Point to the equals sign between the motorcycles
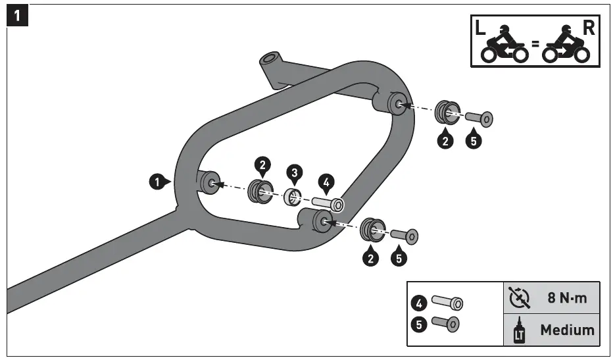point(535,45)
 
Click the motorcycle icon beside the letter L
point(505,46)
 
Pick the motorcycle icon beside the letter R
point(565,46)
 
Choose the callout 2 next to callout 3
point(262,165)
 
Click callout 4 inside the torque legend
point(418,303)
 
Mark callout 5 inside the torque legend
point(418,324)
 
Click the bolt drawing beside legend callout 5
point(445,324)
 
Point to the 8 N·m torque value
point(567,297)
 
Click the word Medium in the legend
point(567,330)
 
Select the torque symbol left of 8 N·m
point(520,297)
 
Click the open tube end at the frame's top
point(269,61)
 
